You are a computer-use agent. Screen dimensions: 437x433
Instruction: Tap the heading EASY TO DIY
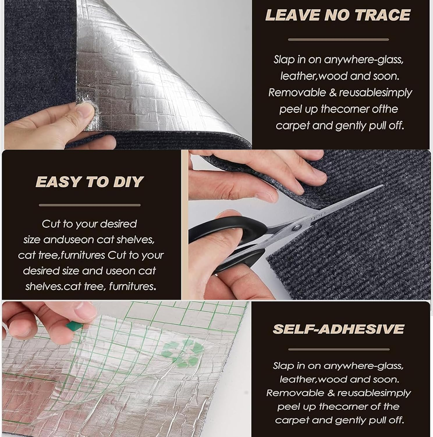pyautogui.click(x=90, y=182)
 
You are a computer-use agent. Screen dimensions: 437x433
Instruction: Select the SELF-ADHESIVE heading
pyautogui.click(x=338, y=329)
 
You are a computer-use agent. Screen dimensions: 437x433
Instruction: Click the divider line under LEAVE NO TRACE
pyautogui.click(x=338, y=39)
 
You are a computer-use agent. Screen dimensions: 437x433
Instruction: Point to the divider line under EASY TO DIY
pyautogui.click(x=90, y=205)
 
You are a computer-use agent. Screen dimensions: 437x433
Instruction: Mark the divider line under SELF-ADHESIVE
pyautogui.click(x=338, y=349)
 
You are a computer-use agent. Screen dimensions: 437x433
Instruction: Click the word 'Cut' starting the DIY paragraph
pyautogui.click(x=51, y=224)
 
